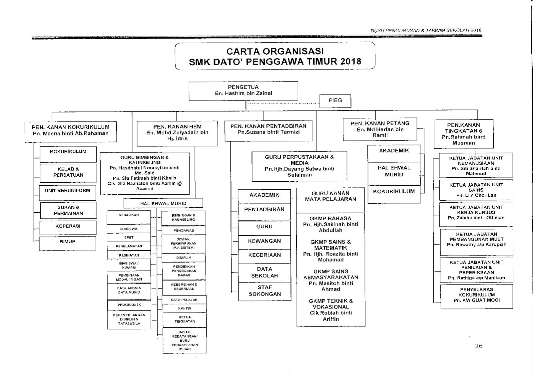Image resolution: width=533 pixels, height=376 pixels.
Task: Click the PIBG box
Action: click(x=335, y=100)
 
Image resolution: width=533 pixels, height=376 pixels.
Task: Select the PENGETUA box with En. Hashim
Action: click(x=243, y=91)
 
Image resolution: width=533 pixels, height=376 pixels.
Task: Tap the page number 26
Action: click(x=479, y=346)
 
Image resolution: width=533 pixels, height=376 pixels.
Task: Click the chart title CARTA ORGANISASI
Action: click(x=275, y=52)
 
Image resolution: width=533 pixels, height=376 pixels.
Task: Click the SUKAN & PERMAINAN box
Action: click(x=68, y=210)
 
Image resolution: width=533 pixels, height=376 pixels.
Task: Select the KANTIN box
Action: click(x=184, y=308)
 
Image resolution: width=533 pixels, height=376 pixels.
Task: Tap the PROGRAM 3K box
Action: click(x=129, y=305)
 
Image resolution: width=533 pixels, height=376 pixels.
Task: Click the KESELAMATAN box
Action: click(x=129, y=246)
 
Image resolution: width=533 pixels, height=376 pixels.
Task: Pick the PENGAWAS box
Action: click(x=184, y=230)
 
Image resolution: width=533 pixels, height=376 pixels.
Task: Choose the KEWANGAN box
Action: click(x=264, y=241)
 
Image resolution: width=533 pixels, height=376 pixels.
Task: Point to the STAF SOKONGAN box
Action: click(x=265, y=291)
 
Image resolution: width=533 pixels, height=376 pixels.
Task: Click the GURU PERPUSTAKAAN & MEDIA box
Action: click(x=299, y=166)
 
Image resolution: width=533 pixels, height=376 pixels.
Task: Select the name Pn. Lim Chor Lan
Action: click(x=476, y=195)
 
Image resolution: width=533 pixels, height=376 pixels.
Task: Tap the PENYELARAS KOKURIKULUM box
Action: click(x=476, y=295)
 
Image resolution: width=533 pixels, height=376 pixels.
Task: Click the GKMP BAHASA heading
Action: click(x=330, y=219)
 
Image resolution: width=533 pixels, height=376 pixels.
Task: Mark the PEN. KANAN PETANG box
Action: click(x=380, y=129)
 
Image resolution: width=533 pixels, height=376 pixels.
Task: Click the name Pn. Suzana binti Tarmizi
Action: click(x=268, y=132)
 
